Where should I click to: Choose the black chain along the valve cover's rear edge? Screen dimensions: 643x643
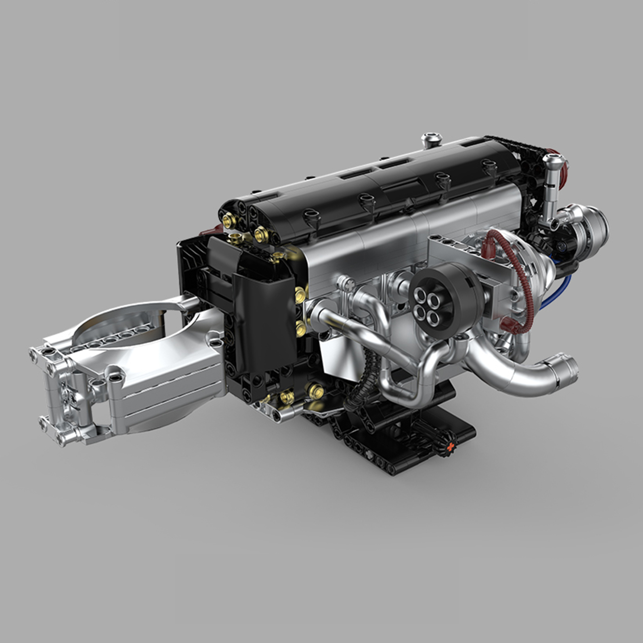tap(514, 143)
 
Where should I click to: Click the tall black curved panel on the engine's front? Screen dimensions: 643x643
tap(264, 321)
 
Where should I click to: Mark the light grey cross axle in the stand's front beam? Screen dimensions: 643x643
tap(277, 414)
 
